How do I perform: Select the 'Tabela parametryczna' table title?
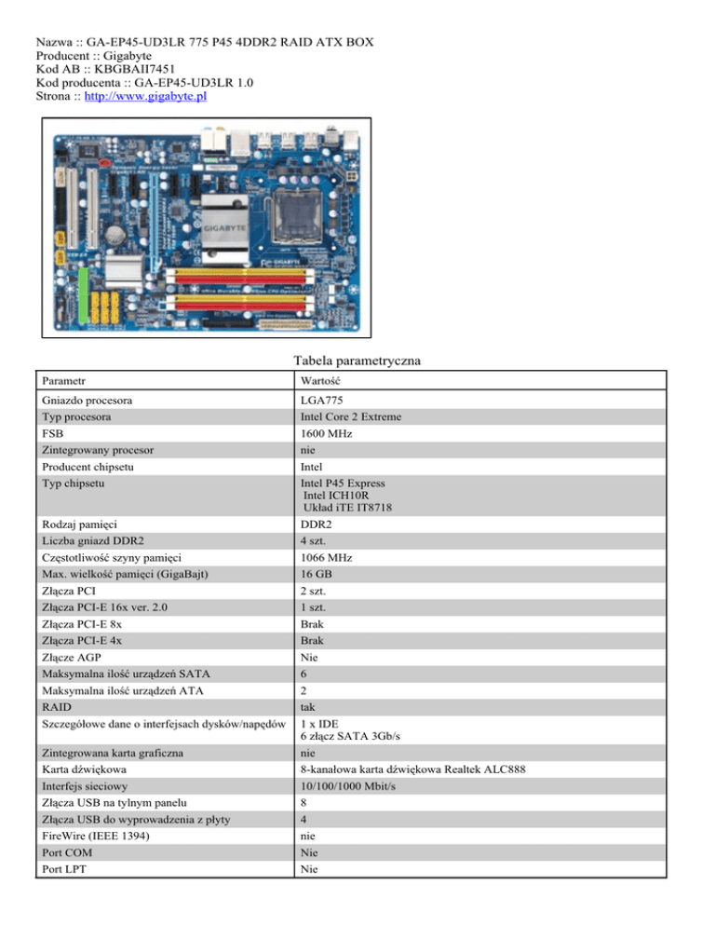pyautogui.click(x=357, y=360)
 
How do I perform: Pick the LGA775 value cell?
pyautogui.click(x=322, y=401)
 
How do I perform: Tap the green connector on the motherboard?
pyautogui.click(x=83, y=295)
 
